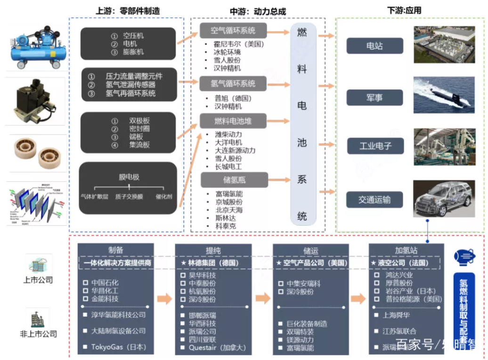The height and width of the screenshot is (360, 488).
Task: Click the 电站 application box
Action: click(x=374, y=46)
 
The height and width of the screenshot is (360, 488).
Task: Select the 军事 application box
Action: click(x=374, y=97)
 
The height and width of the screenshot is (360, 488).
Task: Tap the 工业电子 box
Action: click(x=375, y=146)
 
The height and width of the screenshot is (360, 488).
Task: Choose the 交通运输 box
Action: click(x=374, y=200)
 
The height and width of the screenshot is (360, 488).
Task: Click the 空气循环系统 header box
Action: click(x=233, y=31)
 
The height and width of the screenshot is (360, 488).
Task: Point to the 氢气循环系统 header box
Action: click(x=233, y=83)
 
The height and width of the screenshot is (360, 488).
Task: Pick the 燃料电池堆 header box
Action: click(x=233, y=121)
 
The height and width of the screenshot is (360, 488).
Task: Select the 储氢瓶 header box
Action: click(x=234, y=179)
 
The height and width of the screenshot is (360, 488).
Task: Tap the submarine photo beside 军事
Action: click(x=444, y=95)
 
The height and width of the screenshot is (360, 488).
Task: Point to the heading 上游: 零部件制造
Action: click(x=127, y=11)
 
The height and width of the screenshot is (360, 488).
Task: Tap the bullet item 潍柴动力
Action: click(x=228, y=135)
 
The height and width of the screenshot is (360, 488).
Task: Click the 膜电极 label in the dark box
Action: click(x=129, y=177)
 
